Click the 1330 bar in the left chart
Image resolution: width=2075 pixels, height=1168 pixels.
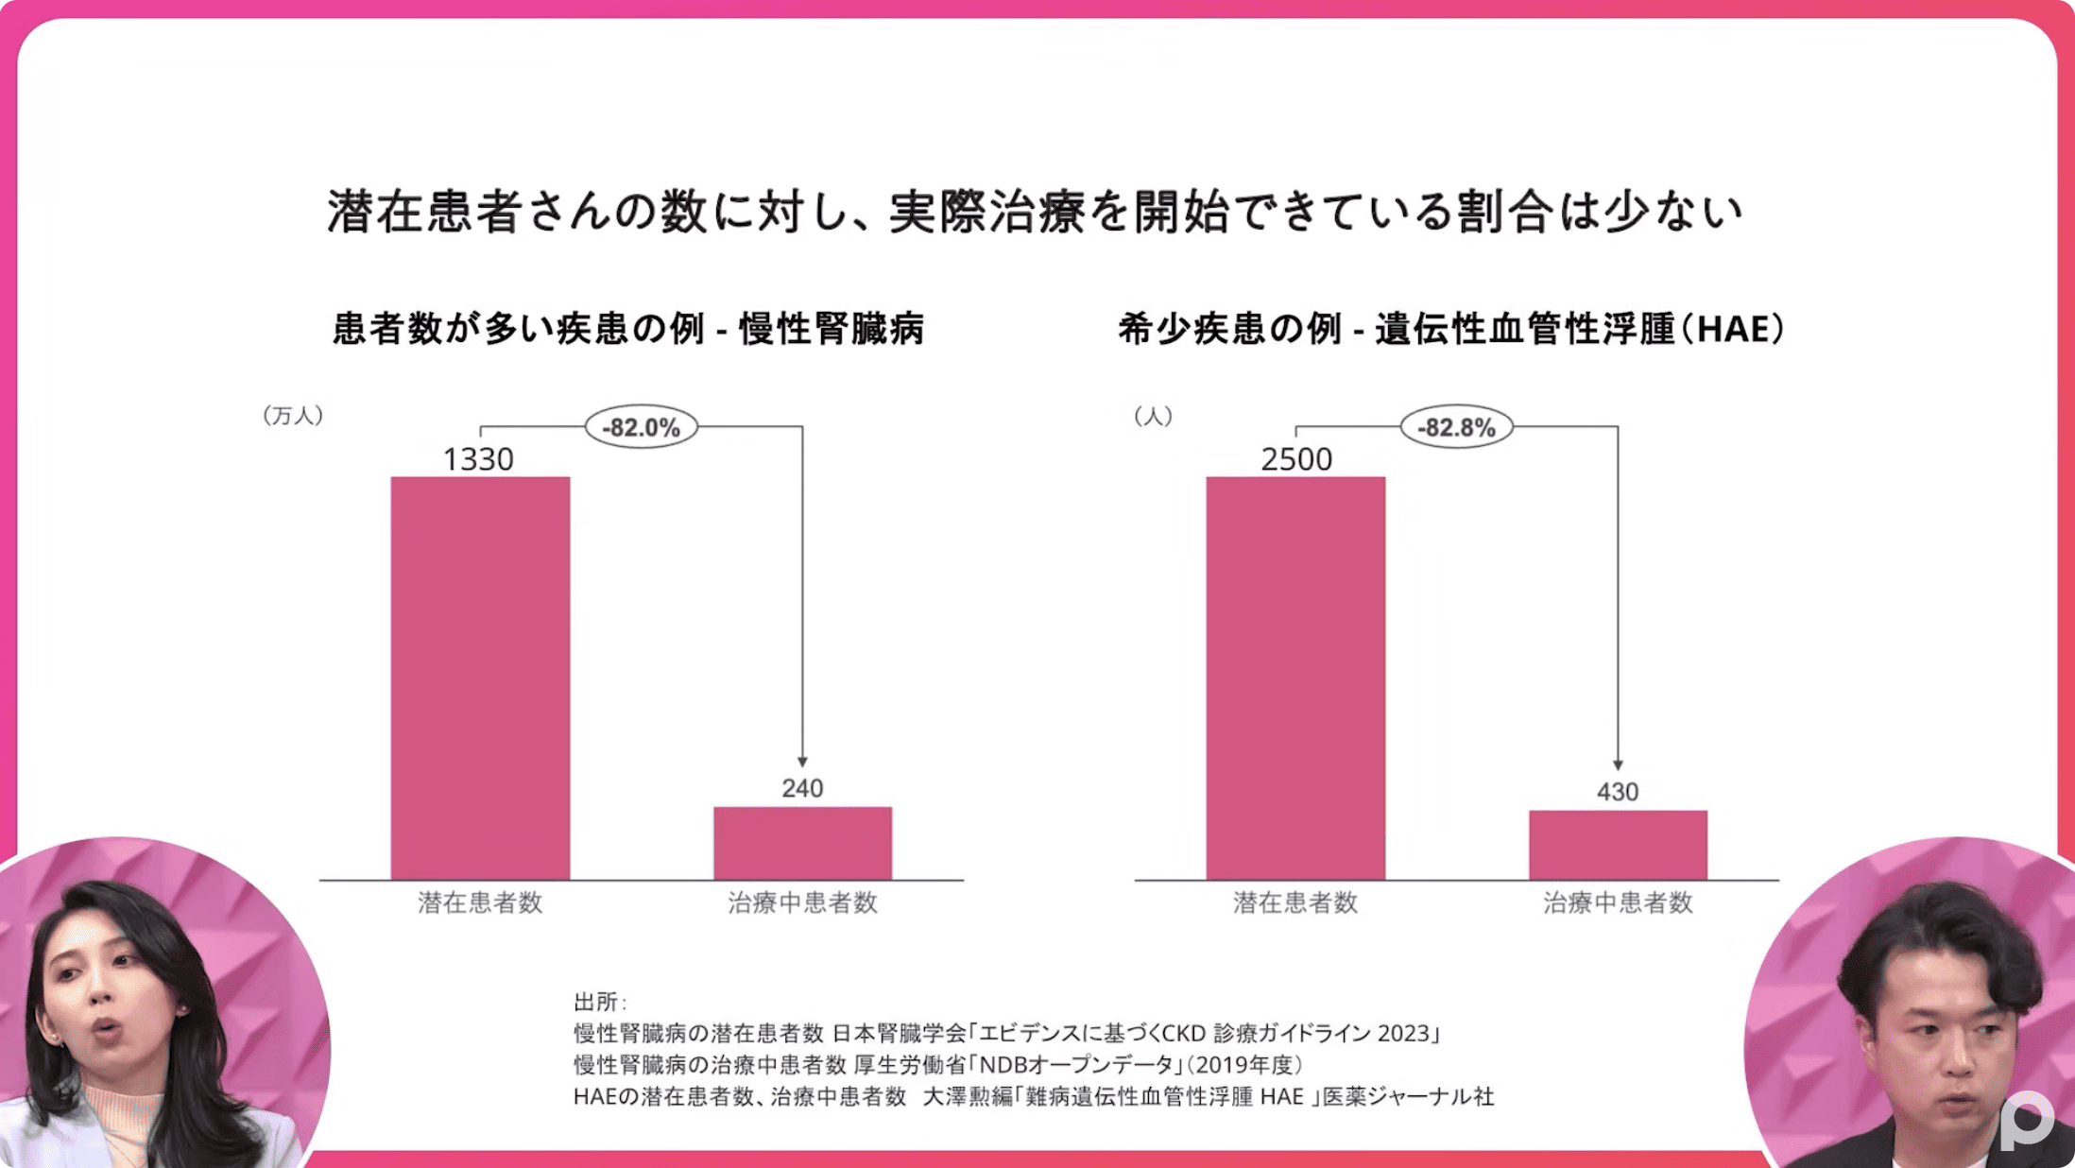[x=480, y=678]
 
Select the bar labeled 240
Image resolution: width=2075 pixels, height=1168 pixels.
[x=802, y=843]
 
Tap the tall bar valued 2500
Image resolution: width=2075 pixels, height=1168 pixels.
[x=1295, y=678]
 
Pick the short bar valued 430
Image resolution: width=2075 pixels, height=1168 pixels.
[x=1618, y=845]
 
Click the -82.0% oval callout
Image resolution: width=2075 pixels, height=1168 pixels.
[x=642, y=427]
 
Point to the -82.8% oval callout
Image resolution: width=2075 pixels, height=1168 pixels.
[x=1456, y=427]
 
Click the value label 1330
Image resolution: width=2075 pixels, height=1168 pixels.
[x=478, y=459]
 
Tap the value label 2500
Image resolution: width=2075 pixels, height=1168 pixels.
[x=1296, y=459]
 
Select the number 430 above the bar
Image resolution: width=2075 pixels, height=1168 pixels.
[x=1618, y=792]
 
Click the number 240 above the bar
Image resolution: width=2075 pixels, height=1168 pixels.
[x=802, y=788]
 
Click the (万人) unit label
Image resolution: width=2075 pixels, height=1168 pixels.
[x=293, y=416]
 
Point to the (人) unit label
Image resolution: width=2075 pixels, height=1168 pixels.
[x=1153, y=416]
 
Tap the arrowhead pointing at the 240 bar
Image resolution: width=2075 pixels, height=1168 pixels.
[x=802, y=762]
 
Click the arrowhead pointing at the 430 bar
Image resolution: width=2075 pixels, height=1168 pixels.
[x=1618, y=764]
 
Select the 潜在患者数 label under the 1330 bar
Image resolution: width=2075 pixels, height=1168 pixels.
[x=480, y=902]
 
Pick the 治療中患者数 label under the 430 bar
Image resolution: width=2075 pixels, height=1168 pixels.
[x=1618, y=902]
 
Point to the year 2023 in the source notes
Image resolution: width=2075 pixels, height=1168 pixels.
[x=1403, y=1033]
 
